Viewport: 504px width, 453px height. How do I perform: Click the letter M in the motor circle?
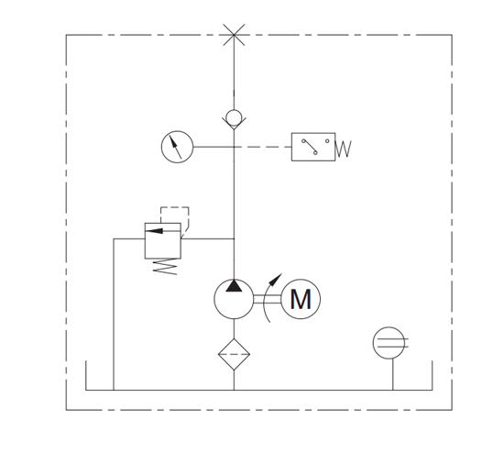point(301,299)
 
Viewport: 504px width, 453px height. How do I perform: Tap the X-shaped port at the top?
point(234,35)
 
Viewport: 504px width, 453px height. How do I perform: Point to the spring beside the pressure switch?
point(344,149)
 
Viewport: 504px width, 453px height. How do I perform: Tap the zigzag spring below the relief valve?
point(165,267)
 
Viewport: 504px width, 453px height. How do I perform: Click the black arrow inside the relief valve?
point(154,231)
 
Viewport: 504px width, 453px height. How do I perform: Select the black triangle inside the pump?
point(234,286)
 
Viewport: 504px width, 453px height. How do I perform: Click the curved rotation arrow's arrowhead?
point(276,280)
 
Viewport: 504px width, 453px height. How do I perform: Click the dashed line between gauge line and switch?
point(263,147)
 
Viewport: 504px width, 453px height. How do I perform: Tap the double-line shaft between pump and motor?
point(267,299)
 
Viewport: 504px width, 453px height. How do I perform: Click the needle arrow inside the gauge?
point(175,147)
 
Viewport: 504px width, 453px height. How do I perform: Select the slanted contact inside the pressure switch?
point(310,147)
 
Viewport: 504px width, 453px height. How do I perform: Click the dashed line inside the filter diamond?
point(234,354)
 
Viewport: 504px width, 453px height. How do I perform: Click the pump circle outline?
point(214,299)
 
